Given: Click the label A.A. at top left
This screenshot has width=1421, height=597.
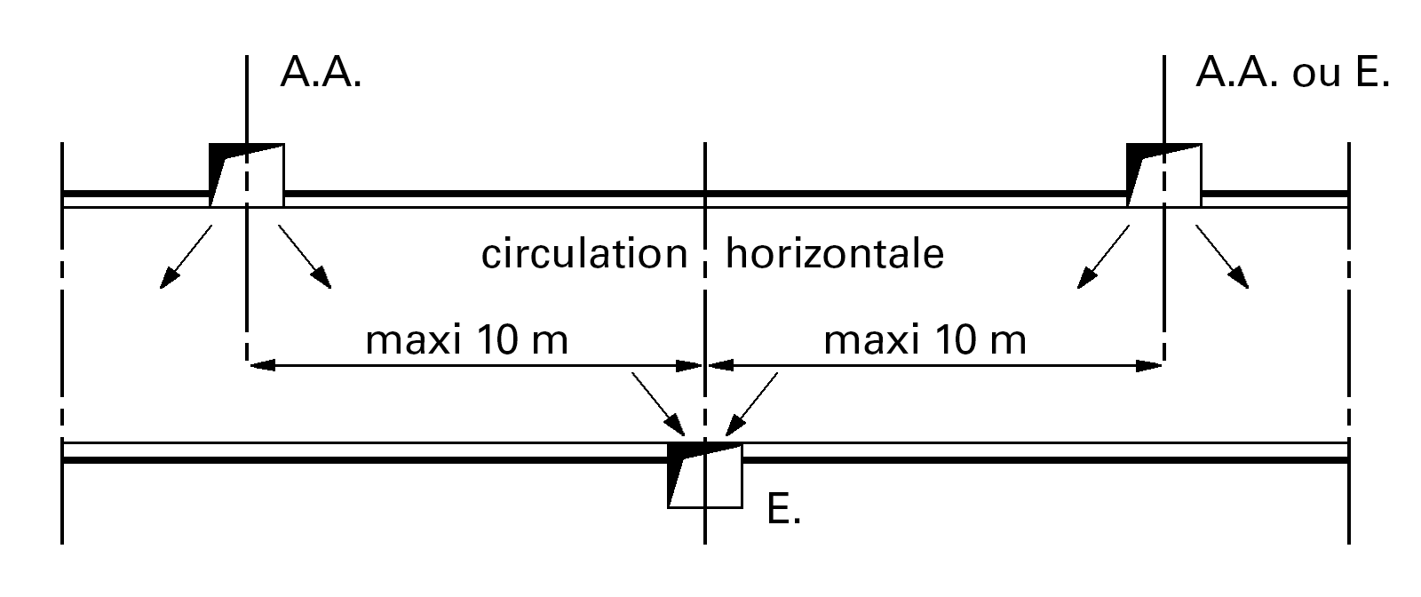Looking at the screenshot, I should pyautogui.click(x=320, y=73).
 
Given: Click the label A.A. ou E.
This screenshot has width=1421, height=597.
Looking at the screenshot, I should pyautogui.click(x=1292, y=73).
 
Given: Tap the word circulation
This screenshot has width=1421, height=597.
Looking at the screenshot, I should pyautogui.click(x=584, y=255).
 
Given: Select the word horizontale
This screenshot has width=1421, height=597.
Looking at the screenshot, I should pyautogui.click(x=835, y=255).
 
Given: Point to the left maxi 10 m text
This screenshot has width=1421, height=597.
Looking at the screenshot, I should pyautogui.click(x=466, y=340).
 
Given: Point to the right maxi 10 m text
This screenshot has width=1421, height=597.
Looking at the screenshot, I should pyautogui.click(x=925, y=340).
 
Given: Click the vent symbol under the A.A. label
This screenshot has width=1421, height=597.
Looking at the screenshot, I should pyautogui.click(x=247, y=174).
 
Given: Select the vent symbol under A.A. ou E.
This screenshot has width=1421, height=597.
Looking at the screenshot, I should pyautogui.click(x=1163, y=174).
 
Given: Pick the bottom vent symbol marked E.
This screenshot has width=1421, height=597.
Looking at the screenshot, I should pyautogui.click(x=705, y=475).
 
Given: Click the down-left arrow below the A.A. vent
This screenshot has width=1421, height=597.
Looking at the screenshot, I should pyautogui.click(x=186, y=257).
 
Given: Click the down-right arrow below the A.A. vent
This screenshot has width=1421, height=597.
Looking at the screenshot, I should pyautogui.click(x=306, y=257).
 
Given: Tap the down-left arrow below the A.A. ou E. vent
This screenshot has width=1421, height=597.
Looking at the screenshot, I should pyautogui.click(x=1104, y=257).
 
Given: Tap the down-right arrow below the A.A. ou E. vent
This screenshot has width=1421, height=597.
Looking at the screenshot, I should pyautogui.click(x=1222, y=257).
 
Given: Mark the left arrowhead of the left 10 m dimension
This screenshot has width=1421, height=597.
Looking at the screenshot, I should pyautogui.click(x=259, y=364).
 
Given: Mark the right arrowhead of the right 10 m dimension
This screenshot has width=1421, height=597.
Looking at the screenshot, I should pyautogui.click(x=1151, y=364).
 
